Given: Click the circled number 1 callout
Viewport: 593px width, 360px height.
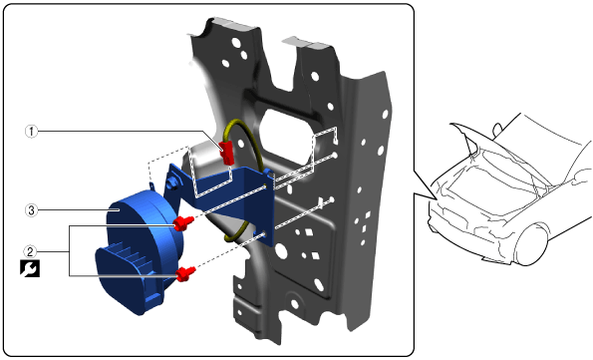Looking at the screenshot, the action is (31, 132).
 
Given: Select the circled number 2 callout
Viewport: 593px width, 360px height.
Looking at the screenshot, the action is (30, 251).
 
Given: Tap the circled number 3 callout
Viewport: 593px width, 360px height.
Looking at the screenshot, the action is (31, 209).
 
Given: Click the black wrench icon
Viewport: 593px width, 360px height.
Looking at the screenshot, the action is (30, 268).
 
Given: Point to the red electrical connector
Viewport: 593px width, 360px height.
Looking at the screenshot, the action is (227, 152).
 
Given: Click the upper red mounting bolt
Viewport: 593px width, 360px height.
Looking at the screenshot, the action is (183, 223).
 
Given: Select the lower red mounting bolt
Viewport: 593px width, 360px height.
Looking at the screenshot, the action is (186, 273).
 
